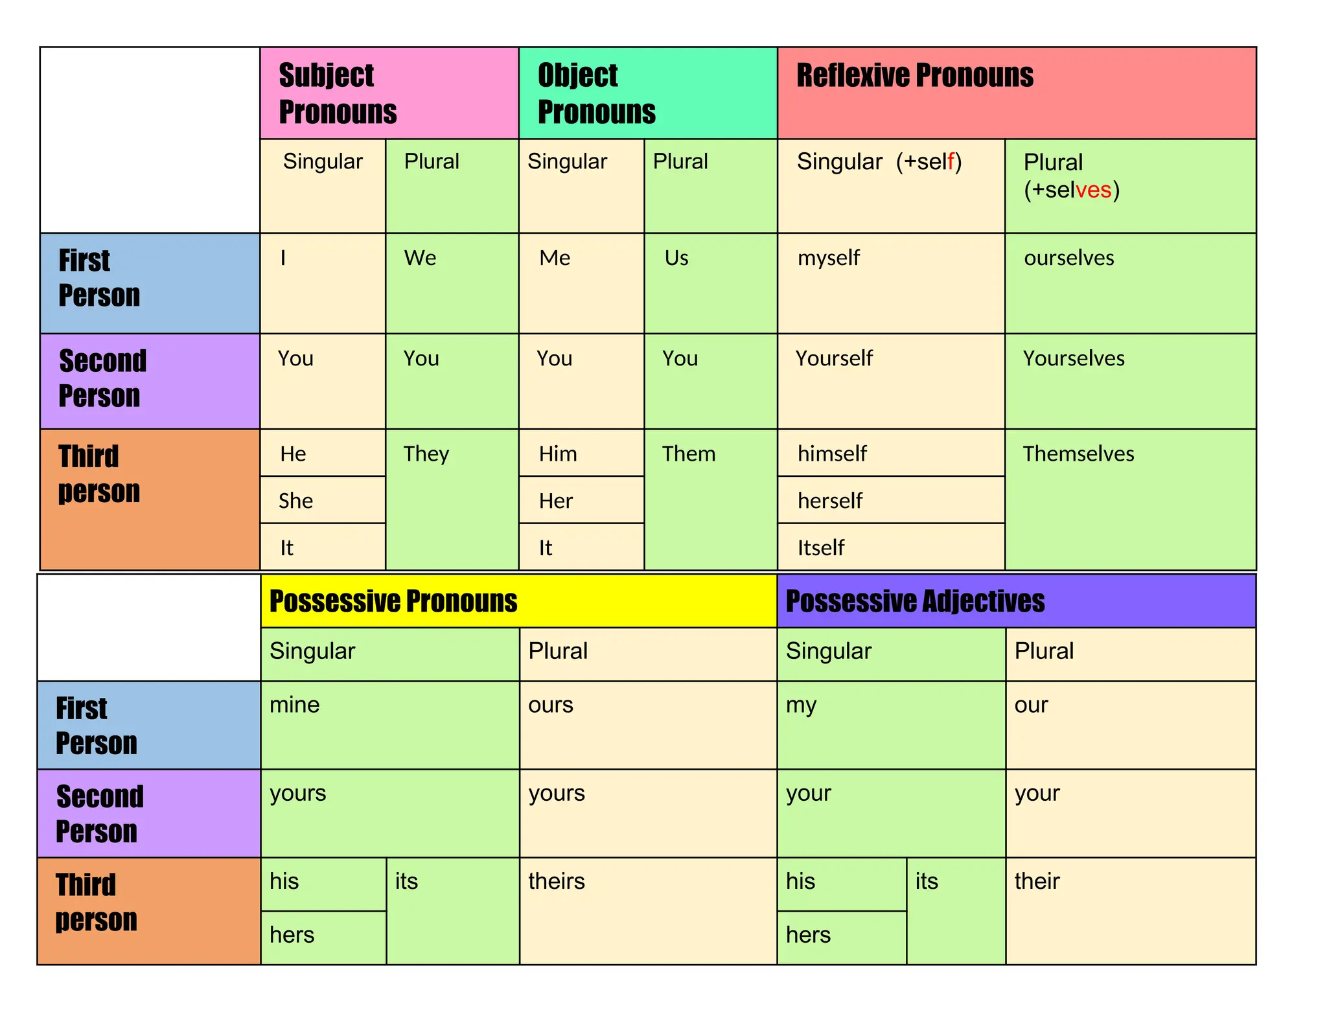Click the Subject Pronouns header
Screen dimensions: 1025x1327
click(x=337, y=93)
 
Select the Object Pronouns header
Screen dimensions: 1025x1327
click(x=596, y=93)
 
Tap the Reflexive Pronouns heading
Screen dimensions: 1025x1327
click(x=914, y=75)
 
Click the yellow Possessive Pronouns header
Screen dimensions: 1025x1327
click(x=393, y=601)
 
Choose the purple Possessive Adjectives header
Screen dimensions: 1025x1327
click(x=914, y=601)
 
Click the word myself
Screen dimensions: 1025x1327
click(x=828, y=258)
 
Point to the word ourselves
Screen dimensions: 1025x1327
click(x=1068, y=258)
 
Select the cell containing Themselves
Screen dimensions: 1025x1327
click(x=1078, y=454)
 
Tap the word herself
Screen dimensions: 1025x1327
click(x=829, y=501)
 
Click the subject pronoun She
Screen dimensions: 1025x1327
click(x=295, y=501)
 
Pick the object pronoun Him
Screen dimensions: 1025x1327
click(x=557, y=454)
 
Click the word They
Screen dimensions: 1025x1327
click(x=426, y=454)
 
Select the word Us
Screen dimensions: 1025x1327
click(x=676, y=258)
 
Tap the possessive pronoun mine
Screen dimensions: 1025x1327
click(x=294, y=705)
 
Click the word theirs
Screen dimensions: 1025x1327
click(x=556, y=881)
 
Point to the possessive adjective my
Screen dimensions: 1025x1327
click(x=801, y=705)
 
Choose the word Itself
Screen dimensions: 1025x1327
click(x=820, y=548)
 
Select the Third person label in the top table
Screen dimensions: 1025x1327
click(x=98, y=474)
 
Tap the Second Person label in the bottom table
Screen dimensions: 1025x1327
click(x=98, y=814)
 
